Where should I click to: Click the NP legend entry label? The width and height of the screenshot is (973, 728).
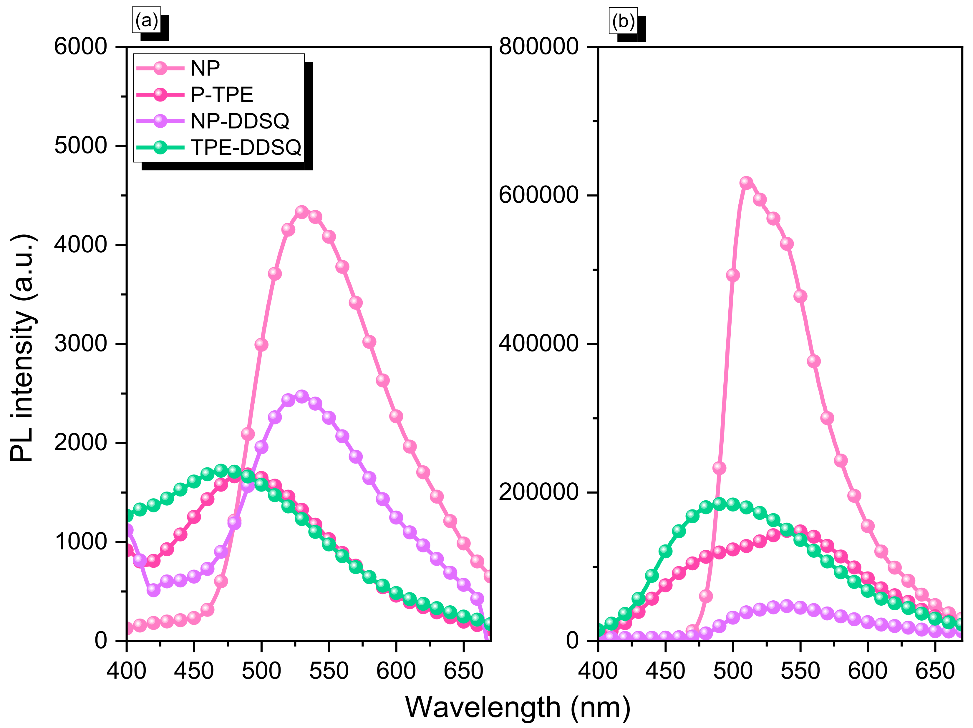click(x=205, y=68)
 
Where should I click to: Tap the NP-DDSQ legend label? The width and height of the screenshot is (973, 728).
click(x=240, y=121)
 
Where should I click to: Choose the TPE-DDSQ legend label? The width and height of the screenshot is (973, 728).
click(x=246, y=147)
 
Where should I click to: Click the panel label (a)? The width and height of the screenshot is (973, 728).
click(x=147, y=20)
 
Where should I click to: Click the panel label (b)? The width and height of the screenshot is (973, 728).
click(x=623, y=21)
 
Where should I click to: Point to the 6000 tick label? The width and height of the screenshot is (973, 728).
click(x=80, y=46)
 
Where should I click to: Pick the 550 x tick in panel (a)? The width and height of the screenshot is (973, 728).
click(x=329, y=671)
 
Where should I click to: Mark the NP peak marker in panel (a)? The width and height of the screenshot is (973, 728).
click(x=301, y=211)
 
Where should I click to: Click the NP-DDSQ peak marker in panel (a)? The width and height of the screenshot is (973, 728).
click(x=301, y=396)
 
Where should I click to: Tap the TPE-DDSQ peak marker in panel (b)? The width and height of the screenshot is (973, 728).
click(x=719, y=503)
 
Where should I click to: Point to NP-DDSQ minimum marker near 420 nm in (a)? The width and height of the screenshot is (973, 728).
click(x=153, y=590)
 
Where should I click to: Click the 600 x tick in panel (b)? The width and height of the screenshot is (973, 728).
click(x=867, y=671)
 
